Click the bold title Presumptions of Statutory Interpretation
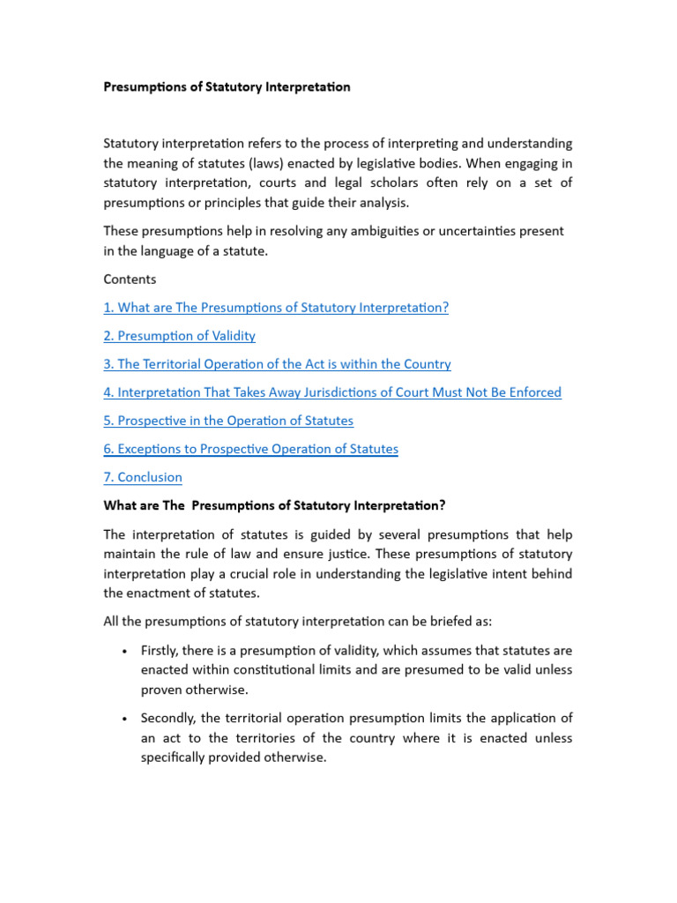click(x=227, y=86)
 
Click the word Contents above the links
click(x=130, y=279)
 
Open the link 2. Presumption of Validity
click(x=180, y=335)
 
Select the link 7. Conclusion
click(x=143, y=477)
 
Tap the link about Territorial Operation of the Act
click(x=277, y=363)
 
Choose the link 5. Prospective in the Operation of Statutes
click(x=228, y=421)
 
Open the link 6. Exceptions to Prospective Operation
click(x=250, y=449)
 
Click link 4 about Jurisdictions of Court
click(x=332, y=392)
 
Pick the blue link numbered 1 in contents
click(x=276, y=307)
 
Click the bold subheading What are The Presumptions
click(x=275, y=505)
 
